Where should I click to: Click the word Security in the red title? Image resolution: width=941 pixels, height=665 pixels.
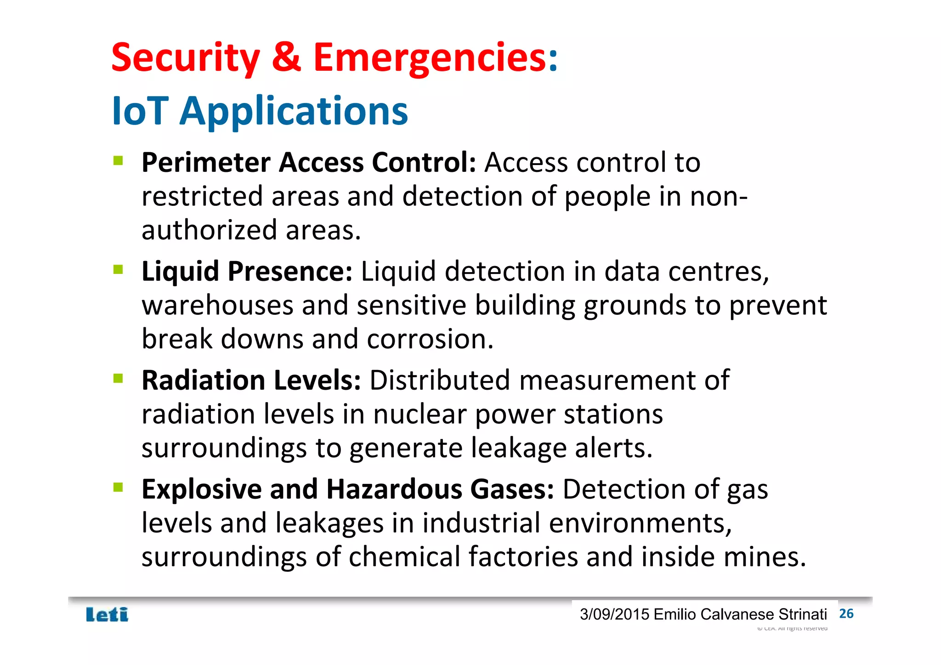coord(185,58)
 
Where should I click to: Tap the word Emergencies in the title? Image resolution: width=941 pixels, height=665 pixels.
coord(430,58)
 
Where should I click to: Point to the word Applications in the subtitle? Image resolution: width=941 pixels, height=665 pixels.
coord(294,112)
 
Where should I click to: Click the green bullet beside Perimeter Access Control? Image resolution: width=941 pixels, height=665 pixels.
coord(118,160)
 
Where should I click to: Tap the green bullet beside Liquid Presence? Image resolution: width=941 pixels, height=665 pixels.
coord(118,269)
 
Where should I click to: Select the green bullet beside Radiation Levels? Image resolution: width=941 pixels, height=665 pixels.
coord(118,378)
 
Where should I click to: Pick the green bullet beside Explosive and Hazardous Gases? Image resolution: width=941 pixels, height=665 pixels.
coord(118,487)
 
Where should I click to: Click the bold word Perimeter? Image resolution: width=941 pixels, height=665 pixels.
coord(206,163)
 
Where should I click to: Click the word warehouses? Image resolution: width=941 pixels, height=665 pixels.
coord(217,306)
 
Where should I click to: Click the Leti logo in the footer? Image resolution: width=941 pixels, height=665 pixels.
coord(107,615)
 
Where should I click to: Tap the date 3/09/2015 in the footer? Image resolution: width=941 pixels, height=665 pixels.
coord(614,614)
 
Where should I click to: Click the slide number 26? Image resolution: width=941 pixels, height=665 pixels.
coord(846,614)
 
